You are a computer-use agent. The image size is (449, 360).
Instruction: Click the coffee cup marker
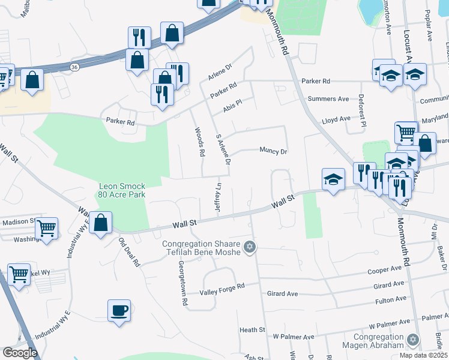[118, 311]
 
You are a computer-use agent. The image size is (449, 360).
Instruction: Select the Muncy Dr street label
[273, 151]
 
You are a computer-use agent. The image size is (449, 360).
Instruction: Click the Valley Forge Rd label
[223, 287]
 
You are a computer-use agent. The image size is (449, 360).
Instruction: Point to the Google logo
[20, 353]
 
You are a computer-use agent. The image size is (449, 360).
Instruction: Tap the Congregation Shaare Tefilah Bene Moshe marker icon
[250, 247]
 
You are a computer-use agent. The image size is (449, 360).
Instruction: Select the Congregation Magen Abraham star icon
[412, 340]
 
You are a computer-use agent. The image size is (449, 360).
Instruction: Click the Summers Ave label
[328, 98]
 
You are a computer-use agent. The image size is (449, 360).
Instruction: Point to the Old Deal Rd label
[128, 253]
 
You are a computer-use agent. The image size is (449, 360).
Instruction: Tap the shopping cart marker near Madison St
[46, 227]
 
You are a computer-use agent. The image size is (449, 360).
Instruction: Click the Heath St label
[252, 330]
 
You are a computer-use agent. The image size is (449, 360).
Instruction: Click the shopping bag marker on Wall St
[101, 222]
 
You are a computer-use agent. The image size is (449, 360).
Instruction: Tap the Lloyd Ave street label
[336, 119]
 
